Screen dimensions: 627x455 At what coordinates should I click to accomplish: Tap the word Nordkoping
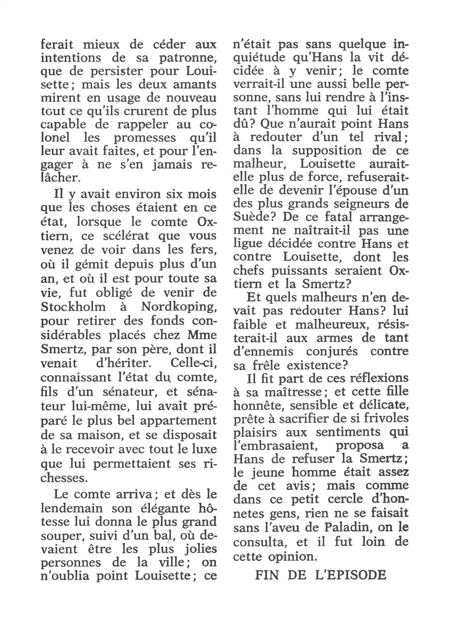[x=179, y=306]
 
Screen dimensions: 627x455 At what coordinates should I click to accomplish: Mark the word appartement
[x=178, y=420]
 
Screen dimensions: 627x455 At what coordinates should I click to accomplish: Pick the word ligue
[x=248, y=244]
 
